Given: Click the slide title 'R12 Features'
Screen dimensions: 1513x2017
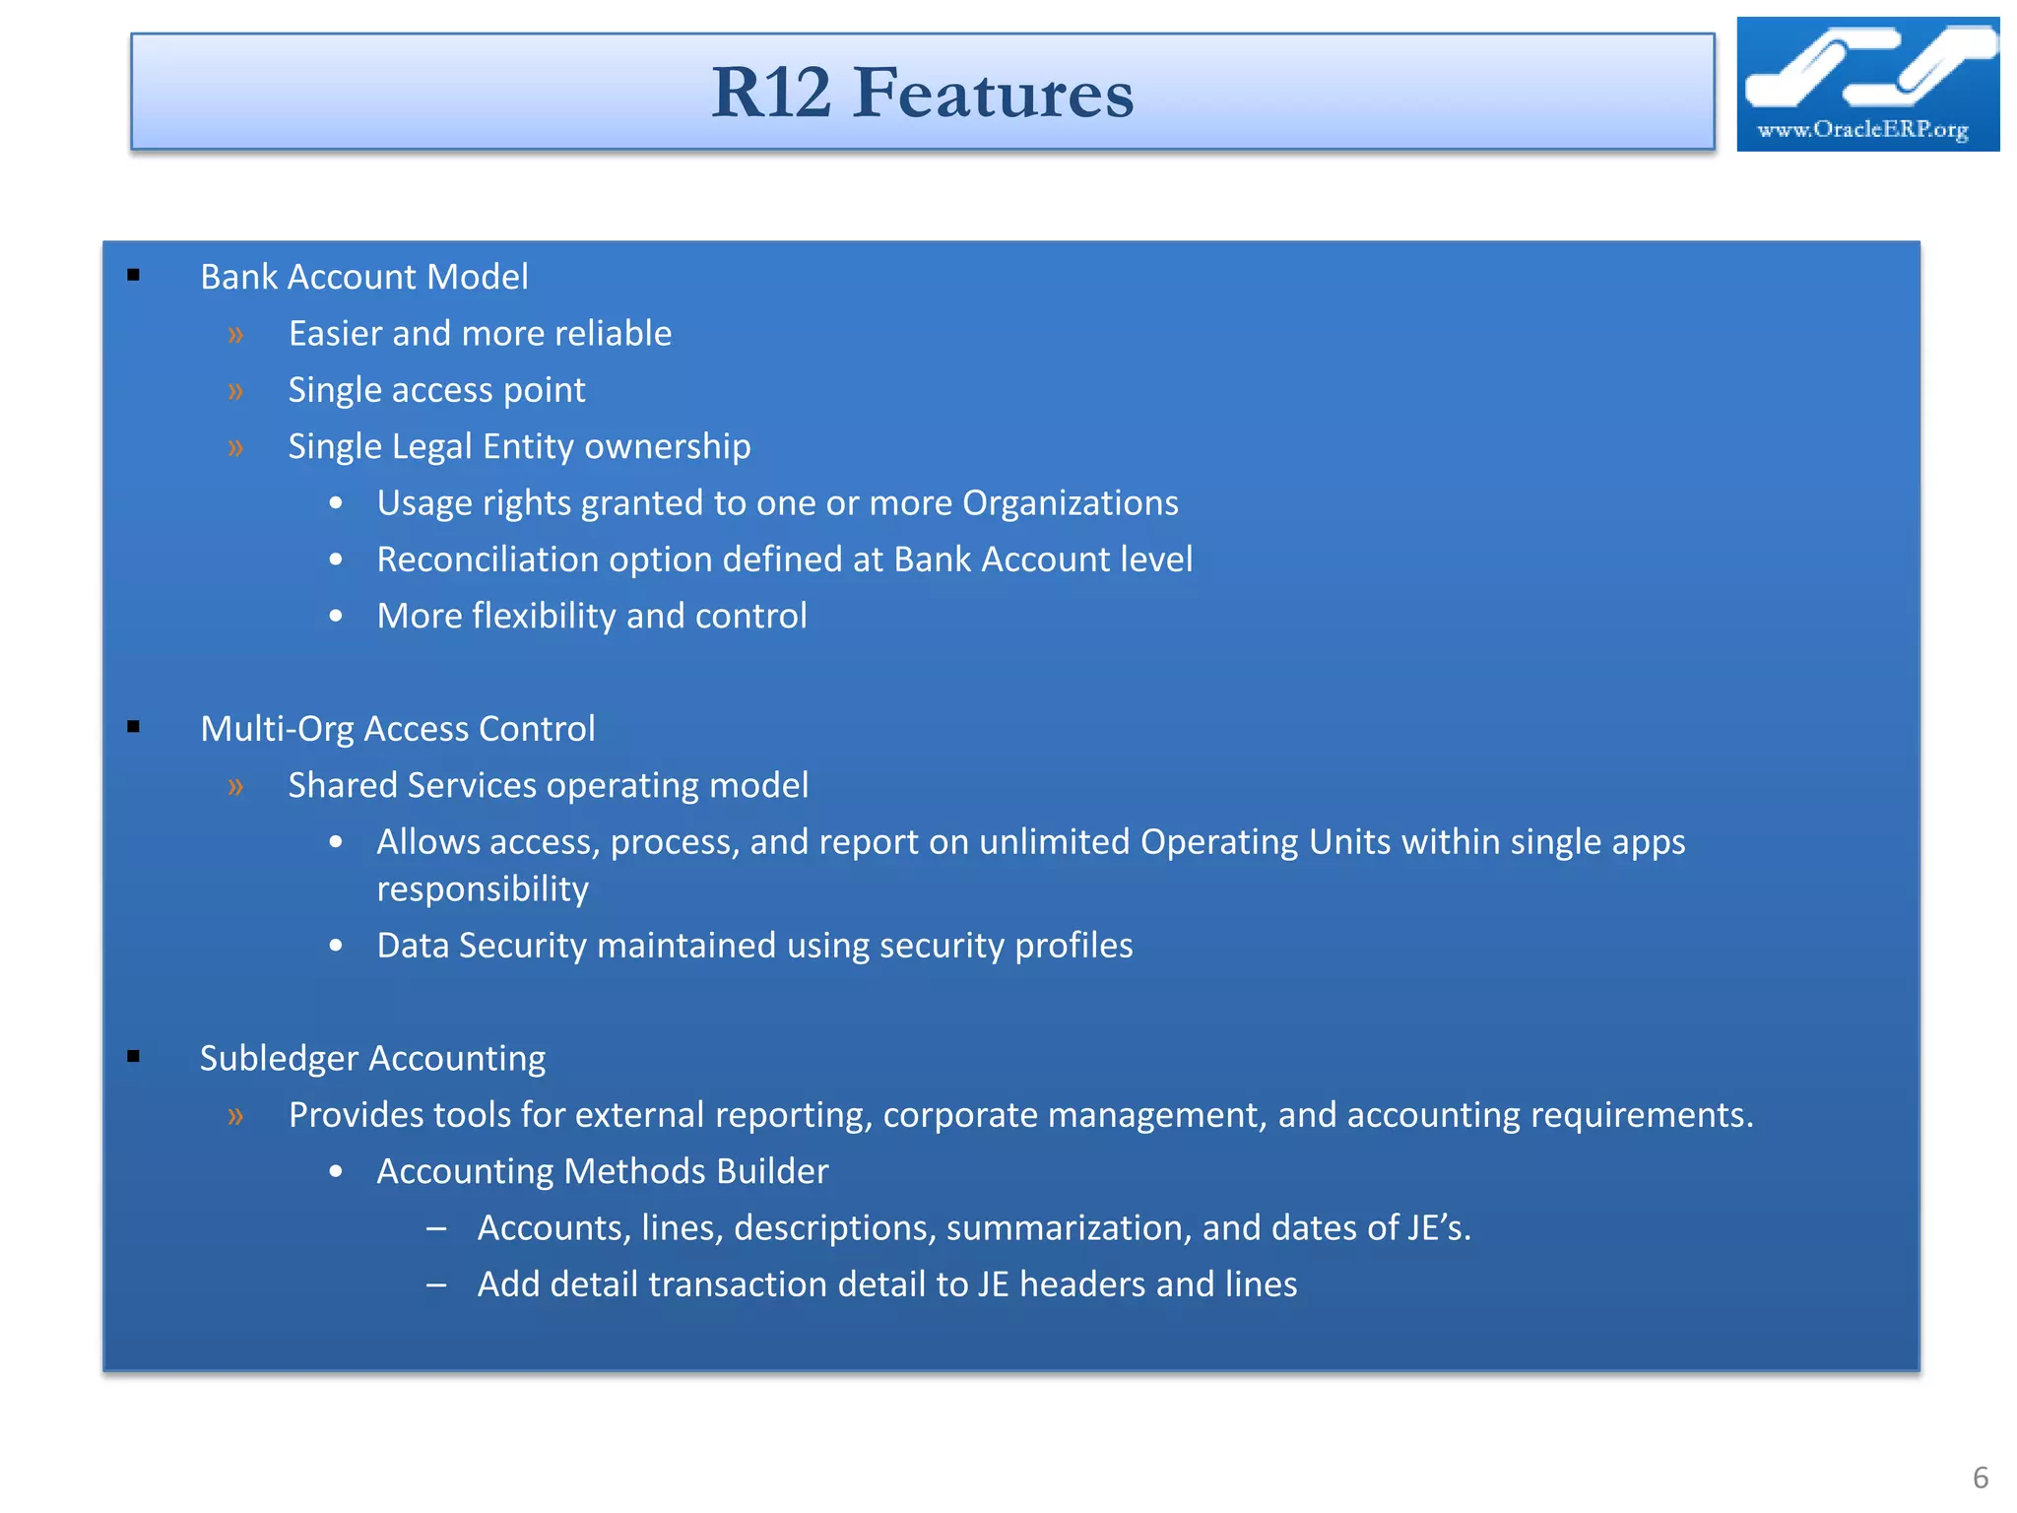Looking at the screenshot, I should pyautogui.click(x=922, y=93).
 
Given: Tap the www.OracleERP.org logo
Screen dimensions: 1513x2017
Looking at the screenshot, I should pyautogui.click(x=1866, y=85).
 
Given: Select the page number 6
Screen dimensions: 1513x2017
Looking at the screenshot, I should pyautogui.click(x=1981, y=1478).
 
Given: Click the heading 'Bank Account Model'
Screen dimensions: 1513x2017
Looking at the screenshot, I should pyautogui.click(x=363, y=277).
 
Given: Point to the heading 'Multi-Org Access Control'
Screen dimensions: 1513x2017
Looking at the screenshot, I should pyautogui.click(x=397, y=729).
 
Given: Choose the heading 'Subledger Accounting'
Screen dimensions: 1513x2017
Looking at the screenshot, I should pyautogui.click(x=372, y=1058).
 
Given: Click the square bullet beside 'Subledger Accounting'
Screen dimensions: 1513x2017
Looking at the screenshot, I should pyautogui.click(x=134, y=1057).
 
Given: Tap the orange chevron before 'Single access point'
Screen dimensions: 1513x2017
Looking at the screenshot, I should pyautogui.click(x=235, y=391).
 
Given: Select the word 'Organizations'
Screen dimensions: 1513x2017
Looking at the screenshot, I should pyautogui.click(x=1070, y=503).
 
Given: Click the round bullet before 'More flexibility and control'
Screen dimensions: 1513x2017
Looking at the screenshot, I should pyautogui.click(x=336, y=617).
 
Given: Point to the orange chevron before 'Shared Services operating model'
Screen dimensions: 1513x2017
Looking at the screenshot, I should pyautogui.click(x=235, y=786).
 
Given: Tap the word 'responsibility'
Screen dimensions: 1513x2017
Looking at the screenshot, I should pyautogui.click(x=483, y=888).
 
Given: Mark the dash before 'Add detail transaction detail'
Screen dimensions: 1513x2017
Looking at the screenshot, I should pyautogui.click(x=436, y=1285).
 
